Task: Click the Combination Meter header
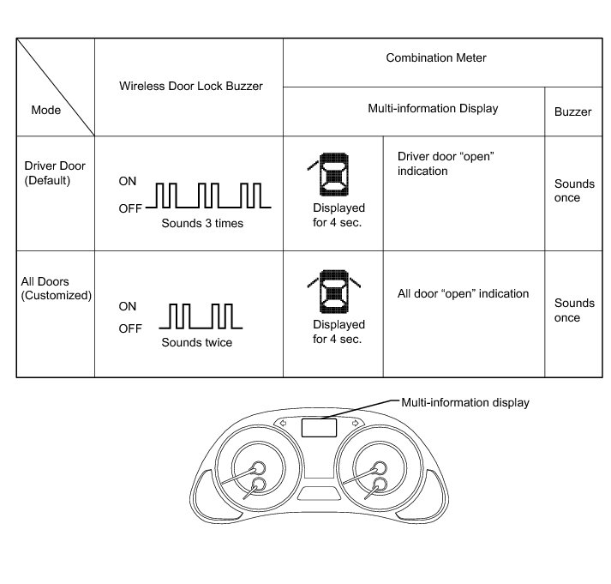[x=436, y=57]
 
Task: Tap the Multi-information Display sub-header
[x=433, y=109]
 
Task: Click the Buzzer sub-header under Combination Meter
[x=573, y=111]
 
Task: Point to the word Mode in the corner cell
[x=45, y=111]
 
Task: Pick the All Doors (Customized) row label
[x=56, y=288]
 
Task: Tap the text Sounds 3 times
[x=202, y=223]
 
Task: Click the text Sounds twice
[x=197, y=342]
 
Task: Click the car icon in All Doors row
[x=333, y=292]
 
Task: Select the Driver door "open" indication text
[x=446, y=164]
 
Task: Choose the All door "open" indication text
[x=463, y=293]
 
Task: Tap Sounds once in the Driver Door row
[x=573, y=190]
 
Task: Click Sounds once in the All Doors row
[x=573, y=310]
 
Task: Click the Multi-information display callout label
[x=465, y=401]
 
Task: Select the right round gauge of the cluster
[x=377, y=470]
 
